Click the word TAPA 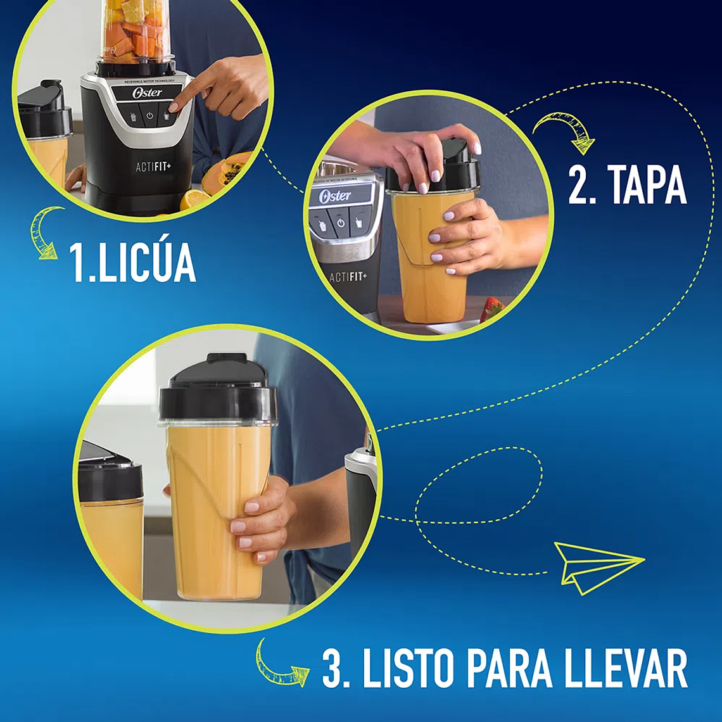point(646,186)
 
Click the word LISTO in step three point(405,669)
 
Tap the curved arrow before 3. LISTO point(279,665)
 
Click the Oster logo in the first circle point(147,93)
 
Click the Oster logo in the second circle point(334,196)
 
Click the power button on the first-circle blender point(150,117)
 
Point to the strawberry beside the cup point(491,310)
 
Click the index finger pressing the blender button point(190,92)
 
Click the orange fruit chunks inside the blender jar point(136,35)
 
